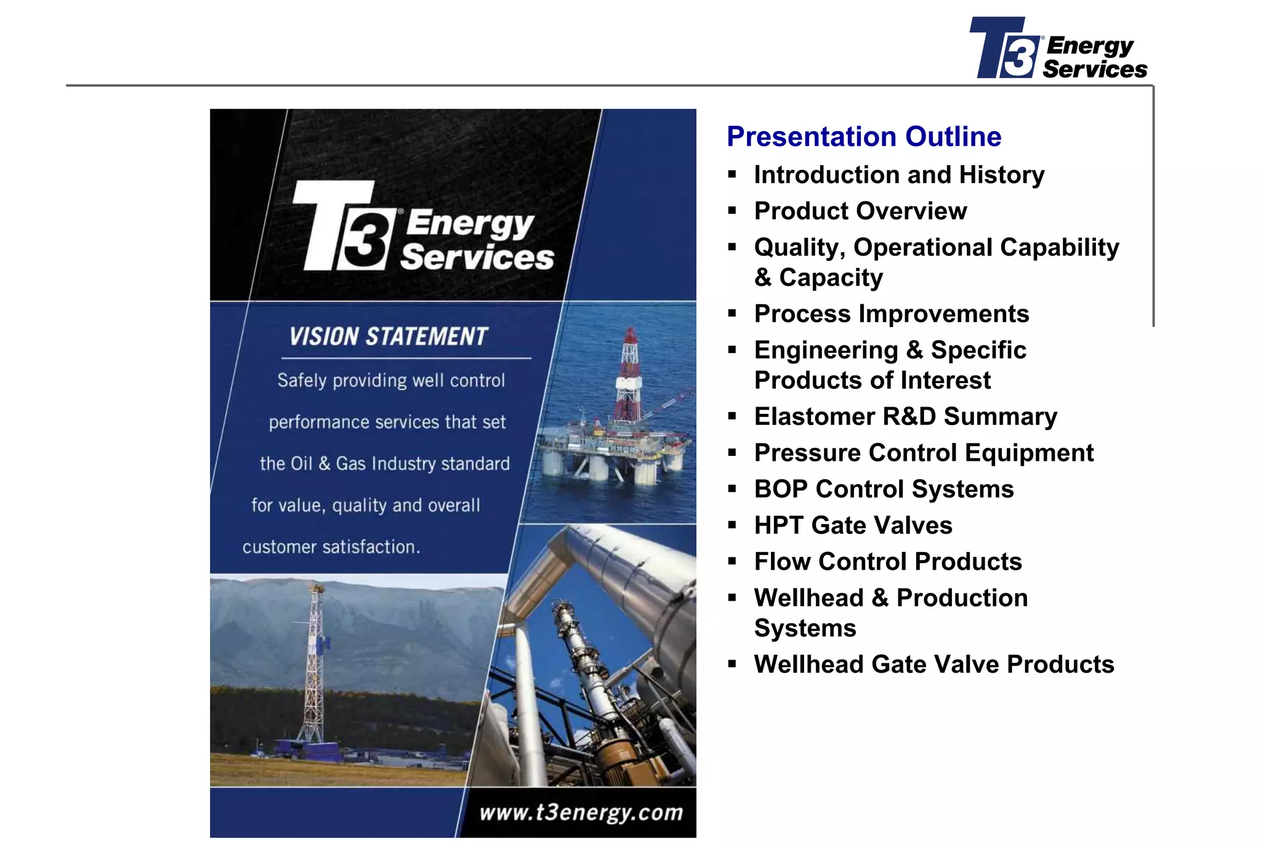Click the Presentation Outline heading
tap(863, 137)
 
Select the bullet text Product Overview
tap(860, 211)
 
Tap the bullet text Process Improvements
tap(891, 314)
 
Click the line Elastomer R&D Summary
tap(905, 417)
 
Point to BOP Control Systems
tap(884, 490)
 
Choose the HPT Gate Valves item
tap(853, 525)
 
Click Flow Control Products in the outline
tap(887, 562)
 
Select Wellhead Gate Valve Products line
tap(933, 665)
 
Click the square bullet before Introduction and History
tap(732, 175)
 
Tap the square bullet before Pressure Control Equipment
tap(732, 453)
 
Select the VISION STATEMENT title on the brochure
tap(389, 337)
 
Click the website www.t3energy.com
tap(581, 813)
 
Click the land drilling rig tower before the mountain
tap(315, 665)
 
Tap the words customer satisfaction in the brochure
tap(331, 547)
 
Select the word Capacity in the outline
tap(831, 278)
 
